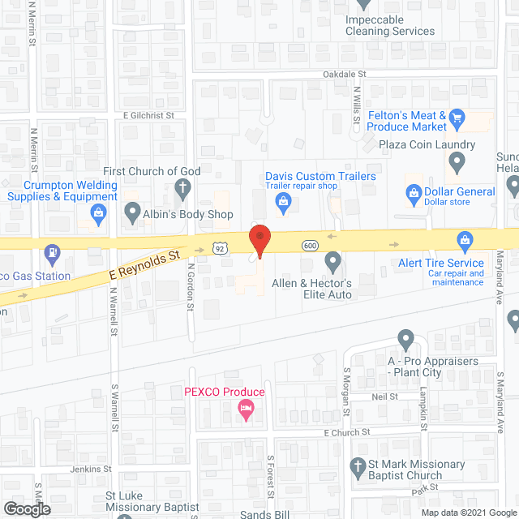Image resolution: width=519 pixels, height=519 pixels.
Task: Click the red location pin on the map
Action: pos(259,240)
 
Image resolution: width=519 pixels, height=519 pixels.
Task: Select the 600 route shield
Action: pos(309,245)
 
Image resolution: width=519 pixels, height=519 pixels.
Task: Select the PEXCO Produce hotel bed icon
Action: pos(246,411)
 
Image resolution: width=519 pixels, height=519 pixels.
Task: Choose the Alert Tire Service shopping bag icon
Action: pos(465,240)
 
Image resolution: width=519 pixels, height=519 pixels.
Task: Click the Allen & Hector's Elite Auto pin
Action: pos(332,262)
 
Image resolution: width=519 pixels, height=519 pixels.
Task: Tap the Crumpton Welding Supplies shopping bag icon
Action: pos(99,214)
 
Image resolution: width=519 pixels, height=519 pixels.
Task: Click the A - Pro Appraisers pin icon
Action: pos(406,339)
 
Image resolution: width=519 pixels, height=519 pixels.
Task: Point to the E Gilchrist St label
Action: pos(149,115)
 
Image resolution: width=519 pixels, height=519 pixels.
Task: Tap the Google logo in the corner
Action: pos(27,509)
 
